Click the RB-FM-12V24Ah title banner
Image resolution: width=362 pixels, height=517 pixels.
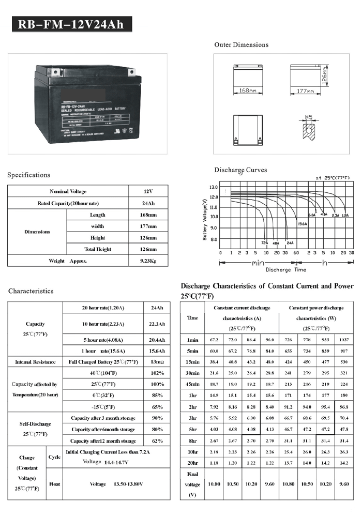(x=71, y=24)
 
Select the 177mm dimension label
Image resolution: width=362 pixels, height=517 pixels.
(x=306, y=91)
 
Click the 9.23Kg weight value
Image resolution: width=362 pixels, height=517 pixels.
(x=148, y=261)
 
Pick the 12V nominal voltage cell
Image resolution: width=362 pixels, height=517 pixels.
(x=148, y=191)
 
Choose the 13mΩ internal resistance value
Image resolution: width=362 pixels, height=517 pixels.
(x=155, y=362)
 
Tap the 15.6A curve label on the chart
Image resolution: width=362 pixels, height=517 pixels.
(x=302, y=224)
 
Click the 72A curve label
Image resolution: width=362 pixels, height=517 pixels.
(x=264, y=242)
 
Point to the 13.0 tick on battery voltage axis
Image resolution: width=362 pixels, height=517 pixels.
(x=214, y=187)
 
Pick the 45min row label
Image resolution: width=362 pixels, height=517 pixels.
(x=192, y=384)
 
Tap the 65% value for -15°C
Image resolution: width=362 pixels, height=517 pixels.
(x=156, y=407)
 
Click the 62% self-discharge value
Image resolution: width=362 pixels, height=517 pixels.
(x=156, y=441)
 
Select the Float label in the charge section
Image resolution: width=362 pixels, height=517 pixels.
(x=54, y=484)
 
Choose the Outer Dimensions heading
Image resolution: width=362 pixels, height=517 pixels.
(x=241, y=45)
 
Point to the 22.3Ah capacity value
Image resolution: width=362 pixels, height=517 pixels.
(x=156, y=324)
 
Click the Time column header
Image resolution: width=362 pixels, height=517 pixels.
(x=192, y=318)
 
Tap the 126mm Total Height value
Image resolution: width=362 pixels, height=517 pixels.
(x=148, y=249)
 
